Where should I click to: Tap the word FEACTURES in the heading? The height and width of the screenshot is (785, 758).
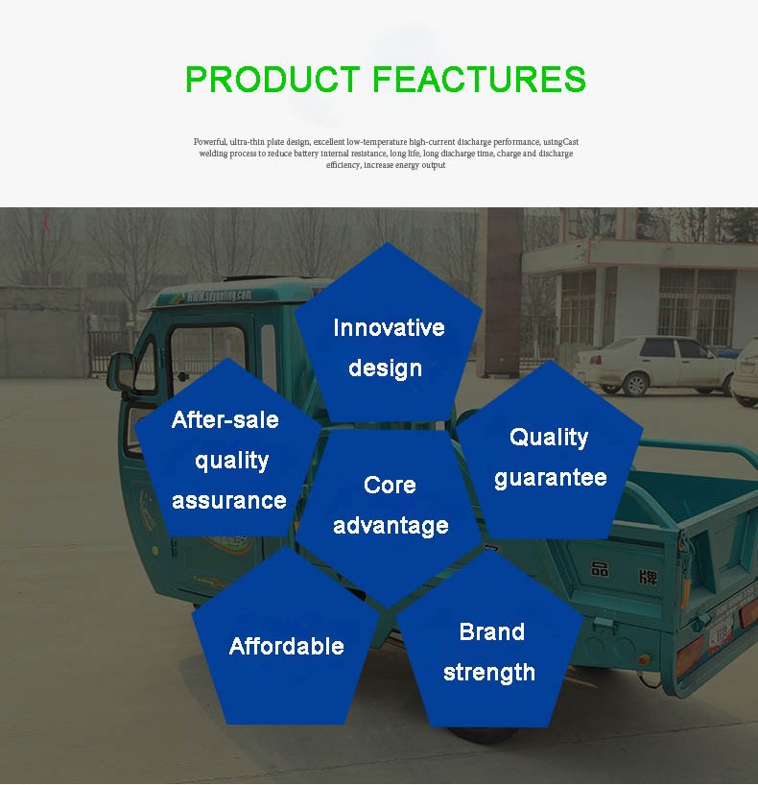[x=479, y=79]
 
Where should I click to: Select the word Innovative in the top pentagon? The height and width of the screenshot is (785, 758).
[x=389, y=328]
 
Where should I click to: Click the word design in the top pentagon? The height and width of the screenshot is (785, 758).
[x=386, y=369]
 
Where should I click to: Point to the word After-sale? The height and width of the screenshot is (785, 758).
[x=225, y=419]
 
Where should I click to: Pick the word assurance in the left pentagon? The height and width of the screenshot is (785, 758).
[x=229, y=501]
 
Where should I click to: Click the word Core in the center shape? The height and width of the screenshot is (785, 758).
[x=390, y=486]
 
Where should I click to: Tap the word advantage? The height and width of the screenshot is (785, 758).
[x=391, y=526]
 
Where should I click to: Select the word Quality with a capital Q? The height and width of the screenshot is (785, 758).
[x=549, y=438]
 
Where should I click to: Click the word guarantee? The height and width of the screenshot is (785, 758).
[x=551, y=478]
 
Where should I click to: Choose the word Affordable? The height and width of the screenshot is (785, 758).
[x=287, y=646]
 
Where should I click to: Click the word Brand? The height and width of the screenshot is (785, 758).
[x=492, y=631]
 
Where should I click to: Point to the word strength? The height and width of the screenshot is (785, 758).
[x=489, y=673]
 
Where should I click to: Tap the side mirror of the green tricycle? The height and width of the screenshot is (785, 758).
[x=120, y=371]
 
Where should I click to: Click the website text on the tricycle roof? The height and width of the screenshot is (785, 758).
[x=219, y=296]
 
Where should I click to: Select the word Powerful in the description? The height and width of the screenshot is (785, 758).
[x=210, y=142]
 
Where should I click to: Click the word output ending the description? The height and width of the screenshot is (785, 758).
[x=433, y=165]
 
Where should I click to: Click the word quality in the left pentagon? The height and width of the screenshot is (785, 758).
[x=232, y=461]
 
